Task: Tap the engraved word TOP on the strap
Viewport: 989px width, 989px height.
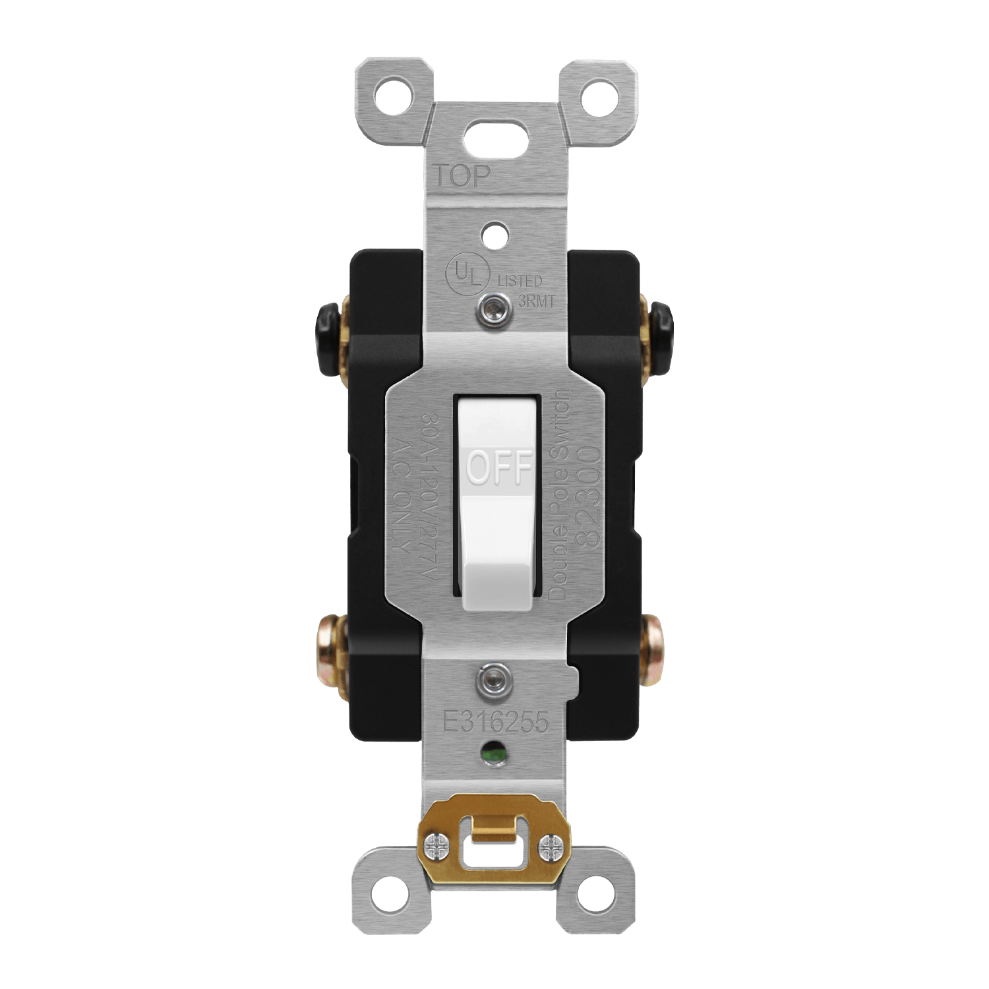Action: (462, 175)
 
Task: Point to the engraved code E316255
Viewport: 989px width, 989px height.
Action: (496, 723)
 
